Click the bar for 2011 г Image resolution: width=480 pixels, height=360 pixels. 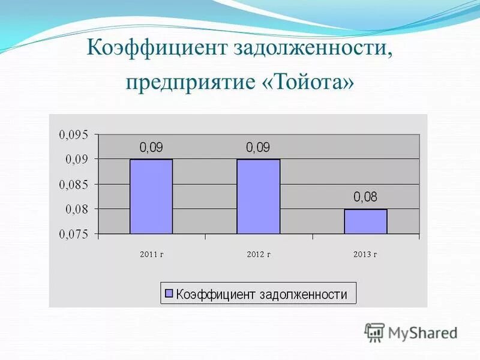point(151,196)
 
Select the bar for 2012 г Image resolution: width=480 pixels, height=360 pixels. point(258,196)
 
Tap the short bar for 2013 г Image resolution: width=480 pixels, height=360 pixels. point(365,221)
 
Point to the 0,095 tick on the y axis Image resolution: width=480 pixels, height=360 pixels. point(73,134)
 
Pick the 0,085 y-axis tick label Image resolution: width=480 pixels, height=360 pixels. point(73,184)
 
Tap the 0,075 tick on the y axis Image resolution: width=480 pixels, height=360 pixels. point(73,235)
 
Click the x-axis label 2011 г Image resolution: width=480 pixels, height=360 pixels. point(151,254)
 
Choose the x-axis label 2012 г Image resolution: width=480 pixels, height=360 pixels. point(259,254)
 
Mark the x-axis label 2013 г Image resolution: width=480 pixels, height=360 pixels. point(365,254)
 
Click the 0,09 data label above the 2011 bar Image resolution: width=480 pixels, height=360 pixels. point(151,147)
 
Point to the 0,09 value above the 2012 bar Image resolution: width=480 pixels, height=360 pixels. point(258,147)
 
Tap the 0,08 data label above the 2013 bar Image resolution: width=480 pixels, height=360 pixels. point(365,197)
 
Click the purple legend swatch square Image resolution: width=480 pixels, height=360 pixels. point(169,294)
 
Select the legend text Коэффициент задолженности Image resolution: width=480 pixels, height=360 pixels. point(262,294)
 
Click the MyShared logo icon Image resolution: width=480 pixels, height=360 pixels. point(375,332)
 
